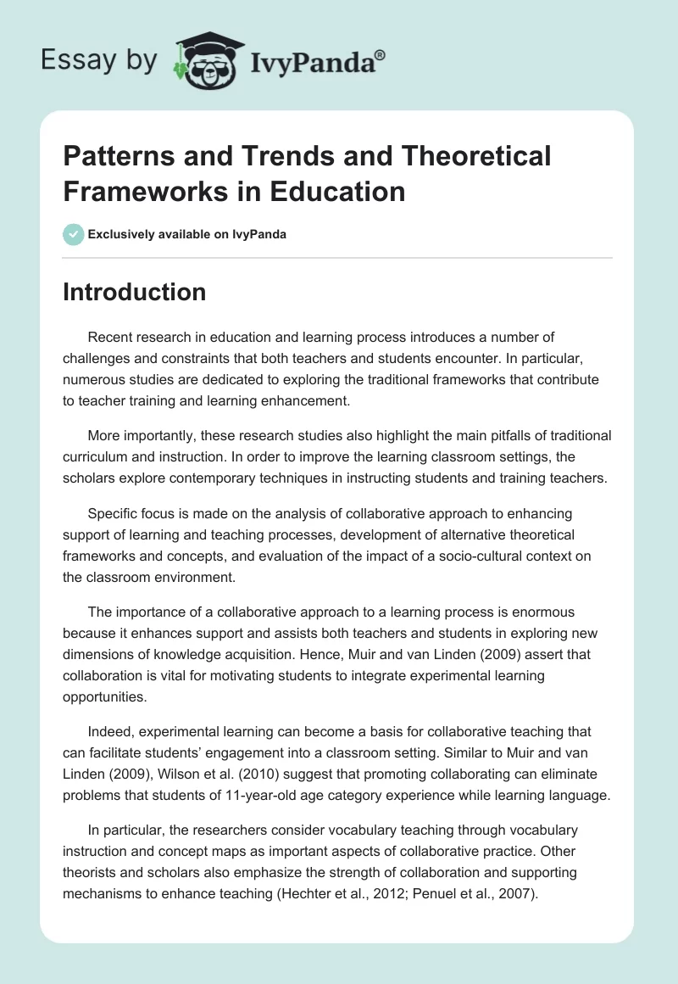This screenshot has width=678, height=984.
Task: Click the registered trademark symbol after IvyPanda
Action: coord(380,54)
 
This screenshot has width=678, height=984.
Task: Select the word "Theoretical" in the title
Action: coord(457,156)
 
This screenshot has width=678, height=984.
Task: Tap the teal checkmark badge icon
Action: coord(74,234)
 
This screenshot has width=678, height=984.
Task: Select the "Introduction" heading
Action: coord(134,292)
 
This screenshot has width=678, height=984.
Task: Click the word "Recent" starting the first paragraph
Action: coord(109,338)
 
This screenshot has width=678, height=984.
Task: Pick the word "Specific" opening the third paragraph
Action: coord(113,514)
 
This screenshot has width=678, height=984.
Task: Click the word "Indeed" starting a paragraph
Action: coord(108,731)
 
